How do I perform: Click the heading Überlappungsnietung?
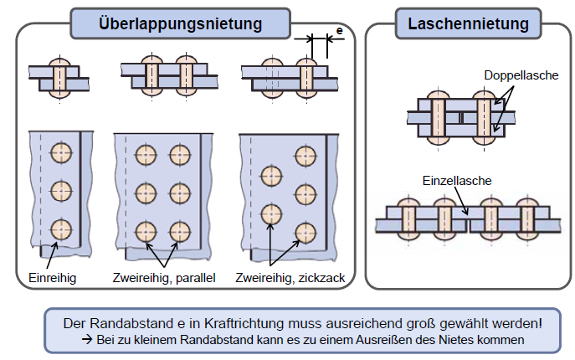180,23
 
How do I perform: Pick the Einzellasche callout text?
456,180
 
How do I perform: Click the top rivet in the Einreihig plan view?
60,152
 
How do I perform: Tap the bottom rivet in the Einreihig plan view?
60,229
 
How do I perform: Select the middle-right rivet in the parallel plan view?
181,192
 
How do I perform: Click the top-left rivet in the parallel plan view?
146,154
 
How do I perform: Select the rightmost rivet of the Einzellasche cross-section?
526,219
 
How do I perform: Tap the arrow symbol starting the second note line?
86,339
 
